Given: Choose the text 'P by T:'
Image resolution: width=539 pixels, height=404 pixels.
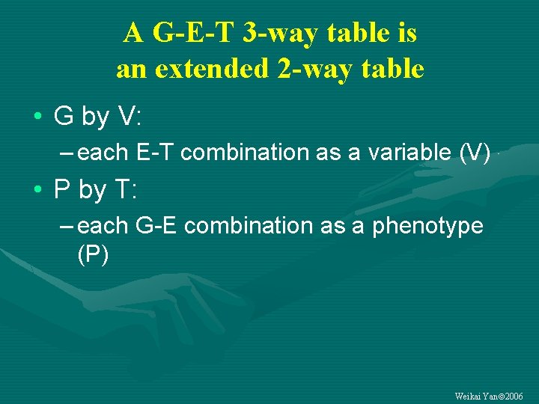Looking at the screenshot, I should [95, 190].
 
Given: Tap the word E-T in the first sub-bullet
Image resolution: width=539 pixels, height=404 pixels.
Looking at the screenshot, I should [156, 153].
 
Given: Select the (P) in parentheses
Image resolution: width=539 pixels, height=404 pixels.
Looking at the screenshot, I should [93, 255].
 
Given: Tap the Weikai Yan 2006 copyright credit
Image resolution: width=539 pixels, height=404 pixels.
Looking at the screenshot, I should [489, 396].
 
